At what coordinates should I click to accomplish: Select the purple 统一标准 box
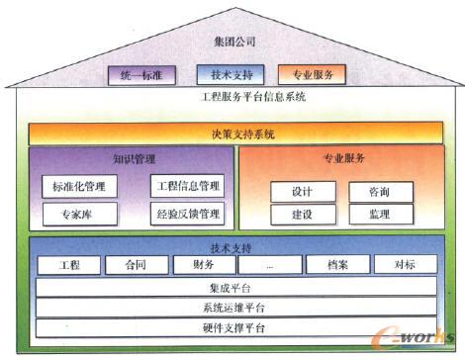[140, 73]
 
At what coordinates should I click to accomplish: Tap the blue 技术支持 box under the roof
[231, 73]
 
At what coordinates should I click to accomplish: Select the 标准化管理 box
[80, 186]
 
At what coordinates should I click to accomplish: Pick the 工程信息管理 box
[188, 186]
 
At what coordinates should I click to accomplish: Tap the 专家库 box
[80, 213]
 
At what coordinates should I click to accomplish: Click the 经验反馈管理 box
[188, 213]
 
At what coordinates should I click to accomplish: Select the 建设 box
[302, 214]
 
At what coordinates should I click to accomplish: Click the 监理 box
[378, 214]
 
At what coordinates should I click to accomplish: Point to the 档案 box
[340, 265]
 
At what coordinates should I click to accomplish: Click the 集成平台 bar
[236, 288]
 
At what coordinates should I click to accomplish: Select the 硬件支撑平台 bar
[236, 327]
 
